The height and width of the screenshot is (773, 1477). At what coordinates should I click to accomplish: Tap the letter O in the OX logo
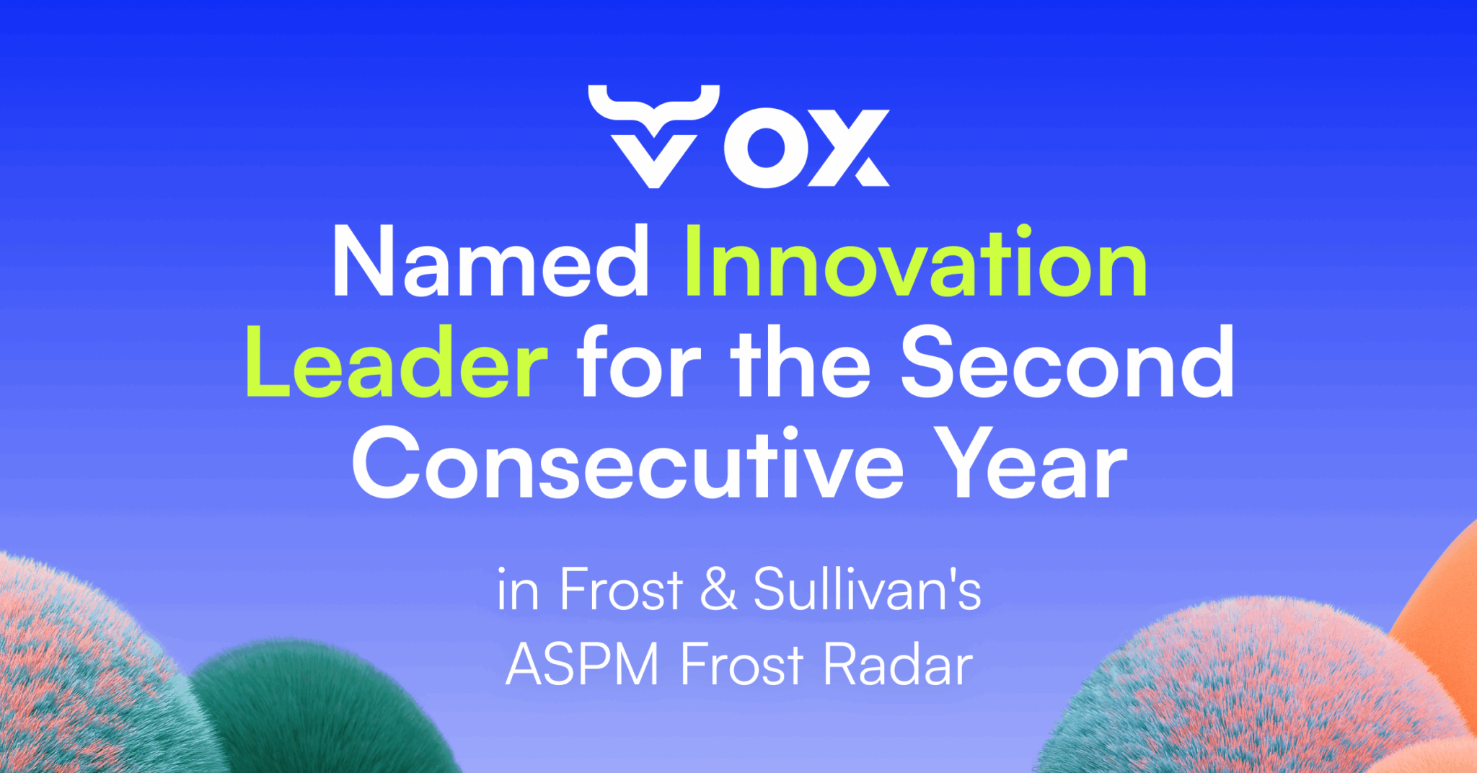pos(766,149)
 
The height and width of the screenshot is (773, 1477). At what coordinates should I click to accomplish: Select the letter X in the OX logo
pos(849,149)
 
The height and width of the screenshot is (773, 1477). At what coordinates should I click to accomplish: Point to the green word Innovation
pos(914,261)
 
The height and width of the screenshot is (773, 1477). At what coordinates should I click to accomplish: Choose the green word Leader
pos(397,362)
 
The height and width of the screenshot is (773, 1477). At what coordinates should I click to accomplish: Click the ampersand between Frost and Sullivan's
pos(718,589)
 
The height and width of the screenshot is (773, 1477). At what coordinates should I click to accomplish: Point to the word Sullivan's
pos(867,588)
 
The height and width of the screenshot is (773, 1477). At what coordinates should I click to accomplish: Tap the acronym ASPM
pos(583,663)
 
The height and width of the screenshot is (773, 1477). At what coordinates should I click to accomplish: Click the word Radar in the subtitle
pos(898,663)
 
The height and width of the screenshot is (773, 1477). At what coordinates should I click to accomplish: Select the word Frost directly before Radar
pos(741,663)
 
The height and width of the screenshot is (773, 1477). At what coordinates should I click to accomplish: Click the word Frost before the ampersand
pos(621,588)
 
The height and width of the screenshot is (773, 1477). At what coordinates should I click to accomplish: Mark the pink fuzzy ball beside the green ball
pos(79,671)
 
